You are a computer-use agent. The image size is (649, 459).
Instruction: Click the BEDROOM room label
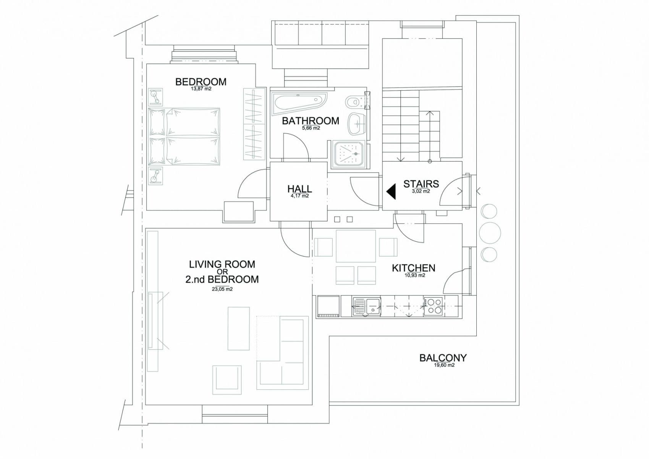pyautogui.click(x=201, y=81)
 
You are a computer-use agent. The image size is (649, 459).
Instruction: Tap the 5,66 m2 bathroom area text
pyautogui.click(x=311, y=128)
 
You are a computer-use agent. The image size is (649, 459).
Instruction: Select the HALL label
pyautogui.click(x=299, y=189)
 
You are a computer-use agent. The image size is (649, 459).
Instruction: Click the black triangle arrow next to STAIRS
pyautogui.click(x=391, y=191)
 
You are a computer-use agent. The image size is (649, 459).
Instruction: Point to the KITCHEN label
pyautogui.click(x=413, y=268)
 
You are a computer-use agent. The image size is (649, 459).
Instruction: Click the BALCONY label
pyautogui.click(x=443, y=358)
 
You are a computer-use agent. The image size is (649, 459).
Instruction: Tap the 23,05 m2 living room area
pyautogui.click(x=222, y=290)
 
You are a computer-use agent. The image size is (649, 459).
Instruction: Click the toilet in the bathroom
pyautogui.click(x=354, y=102)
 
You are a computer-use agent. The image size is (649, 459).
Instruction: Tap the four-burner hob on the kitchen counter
pyautogui.click(x=433, y=306)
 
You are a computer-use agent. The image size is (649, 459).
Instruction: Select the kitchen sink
pyautogui.click(x=367, y=306)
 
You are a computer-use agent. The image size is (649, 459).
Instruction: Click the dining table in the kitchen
pyautogui.click(x=356, y=246)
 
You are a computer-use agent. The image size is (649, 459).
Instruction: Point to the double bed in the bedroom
pyautogui.click(x=184, y=137)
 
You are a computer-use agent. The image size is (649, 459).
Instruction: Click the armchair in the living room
pyautogui.click(x=227, y=380)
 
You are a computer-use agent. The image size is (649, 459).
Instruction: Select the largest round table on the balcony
pyautogui.click(x=489, y=233)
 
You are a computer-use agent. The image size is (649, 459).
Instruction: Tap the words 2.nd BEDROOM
pyautogui.click(x=222, y=279)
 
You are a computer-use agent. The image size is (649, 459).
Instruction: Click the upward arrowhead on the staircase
pyautogui.click(x=430, y=113)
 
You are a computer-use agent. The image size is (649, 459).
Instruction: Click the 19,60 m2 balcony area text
pyautogui.click(x=444, y=365)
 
